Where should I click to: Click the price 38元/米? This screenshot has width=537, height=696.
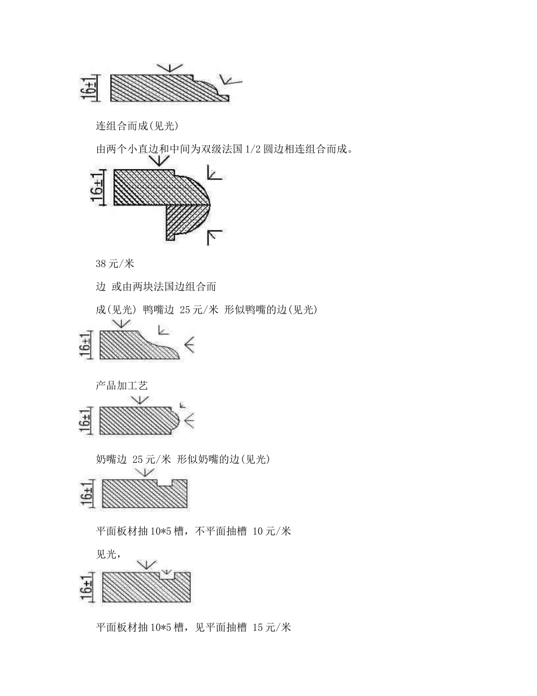(x=115, y=263)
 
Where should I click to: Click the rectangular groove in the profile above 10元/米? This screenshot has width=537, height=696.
(x=165, y=483)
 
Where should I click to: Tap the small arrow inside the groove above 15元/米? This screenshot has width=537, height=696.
(x=166, y=572)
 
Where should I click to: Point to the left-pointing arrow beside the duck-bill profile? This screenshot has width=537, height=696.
(x=189, y=345)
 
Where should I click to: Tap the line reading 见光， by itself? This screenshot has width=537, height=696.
(x=108, y=555)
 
